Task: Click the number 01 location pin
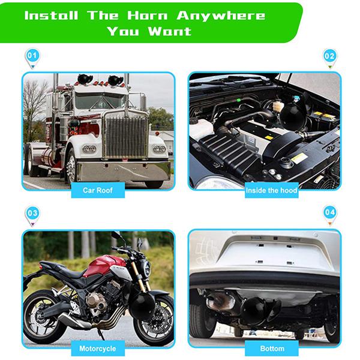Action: (x=32, y=58)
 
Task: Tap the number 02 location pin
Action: (x=329, y=58)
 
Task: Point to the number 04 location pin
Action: (x=329, y=214)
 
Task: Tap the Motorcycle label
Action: (x=98, y=348)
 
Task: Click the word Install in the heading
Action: (x=51, y=16)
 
